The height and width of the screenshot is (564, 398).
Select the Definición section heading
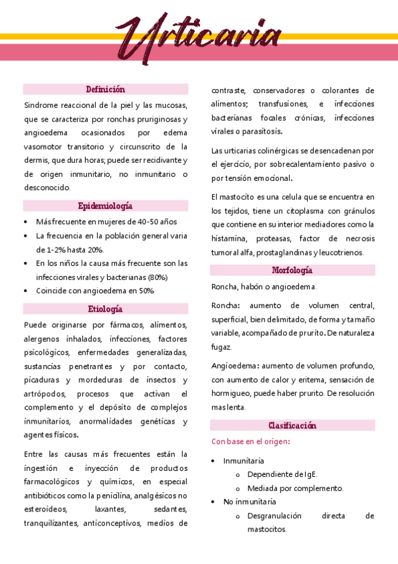pyautogui.click(x=106, y=89)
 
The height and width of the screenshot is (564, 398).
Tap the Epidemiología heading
pyautogui.click(x=106, y=206)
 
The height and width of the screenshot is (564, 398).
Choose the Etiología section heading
pyautogui.click(x=106, y=309)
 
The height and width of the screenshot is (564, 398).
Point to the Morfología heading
pyautogui.click(x=292, y=270)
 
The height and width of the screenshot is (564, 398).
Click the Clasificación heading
pyautogui.click(x=292, y=425)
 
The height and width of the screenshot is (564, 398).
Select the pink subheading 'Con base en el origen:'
pyautogui.click(x=250, y=442)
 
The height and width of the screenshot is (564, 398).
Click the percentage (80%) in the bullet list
pyautogui.click(x=158, y=277)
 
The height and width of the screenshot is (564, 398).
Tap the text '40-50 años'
pyautogui.click(x=158, y=221)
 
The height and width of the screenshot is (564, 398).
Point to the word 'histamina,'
pyautogui.click(x=229, y=238)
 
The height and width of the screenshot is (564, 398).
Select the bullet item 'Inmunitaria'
pyautogui.click(x=244, y=460)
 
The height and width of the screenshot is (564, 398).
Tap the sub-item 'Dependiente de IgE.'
pyautogui.click(x=282, y=474)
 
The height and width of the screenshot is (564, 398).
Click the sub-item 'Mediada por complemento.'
pyautogui.click(x=295, y=488)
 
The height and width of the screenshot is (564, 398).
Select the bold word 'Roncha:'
pyautogui.click(x=227, y=305)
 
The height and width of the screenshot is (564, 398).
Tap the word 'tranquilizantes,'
pyautogui.click(x=51, y=523)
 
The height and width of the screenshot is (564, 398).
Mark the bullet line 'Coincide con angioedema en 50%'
pyautogui.click(x=95, y=291)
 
